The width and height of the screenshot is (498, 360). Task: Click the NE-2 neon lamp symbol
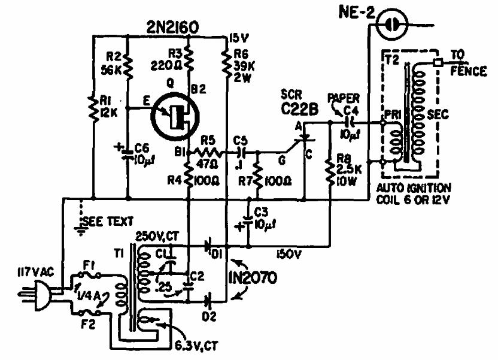[x=393, y=24]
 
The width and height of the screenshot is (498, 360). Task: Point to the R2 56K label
[x=112, y=63]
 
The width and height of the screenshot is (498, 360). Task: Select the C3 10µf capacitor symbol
[x=249, y=219]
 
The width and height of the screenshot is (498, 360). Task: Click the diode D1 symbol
[x=209, y=245]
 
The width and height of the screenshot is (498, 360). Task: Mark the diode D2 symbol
[x=209, y=296]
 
